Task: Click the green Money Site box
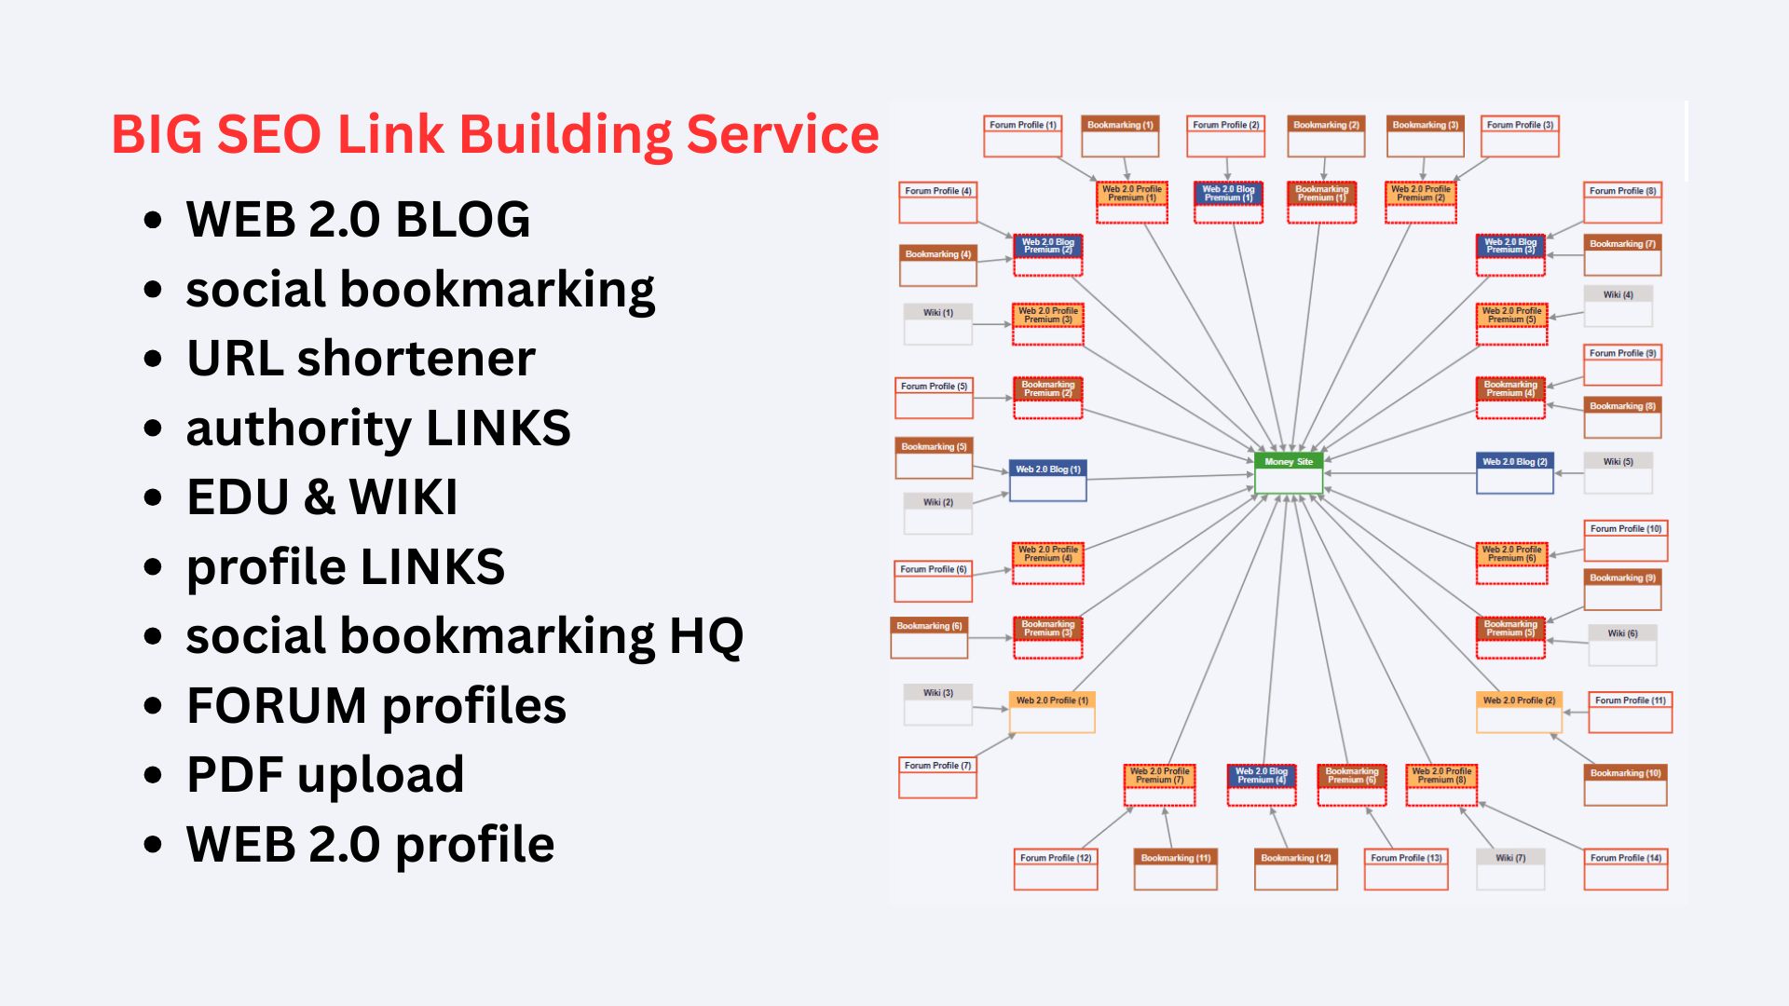pos(1289,473)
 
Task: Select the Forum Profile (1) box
pos(1022,136)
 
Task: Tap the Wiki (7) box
pos(1510,869)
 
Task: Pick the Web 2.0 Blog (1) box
pos(1048,480)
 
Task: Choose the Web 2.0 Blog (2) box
pos(1515,472)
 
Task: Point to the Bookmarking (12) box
pos(1295,869)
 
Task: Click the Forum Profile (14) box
pos(1626,869)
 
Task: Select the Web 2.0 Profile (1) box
pos(1052,712)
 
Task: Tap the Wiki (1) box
pos(938,324)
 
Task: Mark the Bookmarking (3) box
pos(1425,136)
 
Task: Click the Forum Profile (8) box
pos(1622,202)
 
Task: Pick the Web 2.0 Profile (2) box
pos(1519,712)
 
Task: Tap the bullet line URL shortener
pos(361,359)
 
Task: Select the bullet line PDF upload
pos(324,775)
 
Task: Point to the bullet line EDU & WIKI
pos(321,497)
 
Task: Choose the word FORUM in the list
pos(277,706)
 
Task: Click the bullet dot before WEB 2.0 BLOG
pos(154,221)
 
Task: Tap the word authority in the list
pos(298,428)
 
